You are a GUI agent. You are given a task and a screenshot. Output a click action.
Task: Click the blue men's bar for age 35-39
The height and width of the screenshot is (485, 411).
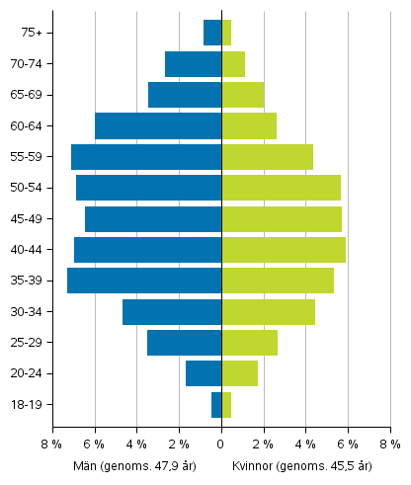[x=144, y=281]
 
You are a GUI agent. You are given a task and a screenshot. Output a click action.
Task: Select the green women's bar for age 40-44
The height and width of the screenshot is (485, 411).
[x=284, y=250]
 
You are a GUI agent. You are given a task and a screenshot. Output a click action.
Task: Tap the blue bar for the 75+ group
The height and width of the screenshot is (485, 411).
[x=212, y=33]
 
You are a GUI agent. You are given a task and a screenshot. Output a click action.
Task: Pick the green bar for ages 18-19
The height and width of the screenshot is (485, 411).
[x=226, y=405]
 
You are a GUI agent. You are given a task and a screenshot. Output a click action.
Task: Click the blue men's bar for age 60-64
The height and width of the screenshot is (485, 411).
[x=158, y=125]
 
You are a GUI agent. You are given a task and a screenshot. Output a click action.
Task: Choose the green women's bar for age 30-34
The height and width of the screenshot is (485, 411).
[x=268, y=312]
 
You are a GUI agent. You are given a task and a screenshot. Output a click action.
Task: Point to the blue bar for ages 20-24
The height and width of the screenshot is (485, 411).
[x=204, y=373]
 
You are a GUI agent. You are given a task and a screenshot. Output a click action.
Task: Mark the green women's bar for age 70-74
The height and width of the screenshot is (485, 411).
[x=233, y=64]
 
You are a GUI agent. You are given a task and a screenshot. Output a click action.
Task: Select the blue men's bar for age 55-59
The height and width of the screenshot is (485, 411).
[x=146, y=157]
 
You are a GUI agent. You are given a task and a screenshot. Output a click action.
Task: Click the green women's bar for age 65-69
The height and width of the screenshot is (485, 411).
[x=243, y=95]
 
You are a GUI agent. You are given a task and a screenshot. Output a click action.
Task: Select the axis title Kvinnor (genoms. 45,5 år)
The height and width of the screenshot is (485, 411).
[x=301, y=465]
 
